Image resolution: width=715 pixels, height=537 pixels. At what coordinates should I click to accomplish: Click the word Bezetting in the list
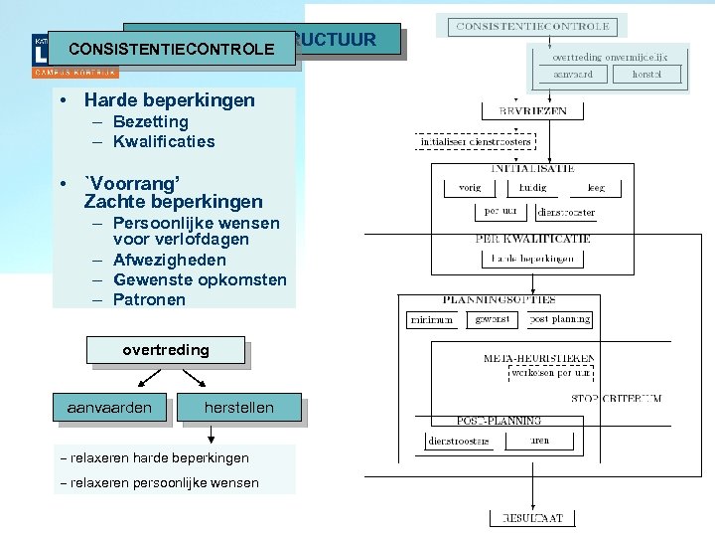[x=150, y=121]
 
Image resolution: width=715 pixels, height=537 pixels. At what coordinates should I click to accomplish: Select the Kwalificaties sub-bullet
[x=164, y=141]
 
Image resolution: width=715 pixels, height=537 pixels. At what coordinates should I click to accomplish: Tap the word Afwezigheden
[x=170, y=260]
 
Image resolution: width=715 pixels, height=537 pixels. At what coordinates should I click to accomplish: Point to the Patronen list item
[x=149, y=299]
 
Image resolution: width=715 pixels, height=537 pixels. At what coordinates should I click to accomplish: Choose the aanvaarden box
[x=109, y=408]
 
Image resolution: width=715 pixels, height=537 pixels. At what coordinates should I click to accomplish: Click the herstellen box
[x=238, y=408]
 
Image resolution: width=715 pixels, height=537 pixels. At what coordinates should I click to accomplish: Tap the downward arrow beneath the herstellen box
[x=210, y=434]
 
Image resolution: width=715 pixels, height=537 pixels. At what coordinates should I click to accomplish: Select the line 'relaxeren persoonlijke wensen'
[x=160, y=483]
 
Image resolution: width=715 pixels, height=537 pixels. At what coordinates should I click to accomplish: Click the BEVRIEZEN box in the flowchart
[x=532, y=111]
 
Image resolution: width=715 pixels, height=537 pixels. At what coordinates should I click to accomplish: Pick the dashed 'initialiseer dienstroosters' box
[x=475, y=141]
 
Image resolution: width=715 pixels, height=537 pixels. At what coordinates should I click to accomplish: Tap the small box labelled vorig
[x=470, y=187]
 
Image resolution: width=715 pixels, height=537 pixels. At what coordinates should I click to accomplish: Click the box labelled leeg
[x=596, y=187]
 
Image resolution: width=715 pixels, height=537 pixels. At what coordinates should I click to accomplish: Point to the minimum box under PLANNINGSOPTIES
[x=431, y=320]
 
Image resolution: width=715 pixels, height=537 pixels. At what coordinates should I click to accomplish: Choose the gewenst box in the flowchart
[x=493, y=319]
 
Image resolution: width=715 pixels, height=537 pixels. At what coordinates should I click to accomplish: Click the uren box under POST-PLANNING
[x=539, y=441]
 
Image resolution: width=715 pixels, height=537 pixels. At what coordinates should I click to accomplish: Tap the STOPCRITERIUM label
[x=617, y=398]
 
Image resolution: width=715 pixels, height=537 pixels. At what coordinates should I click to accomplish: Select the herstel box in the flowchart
[x=645, y=75]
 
